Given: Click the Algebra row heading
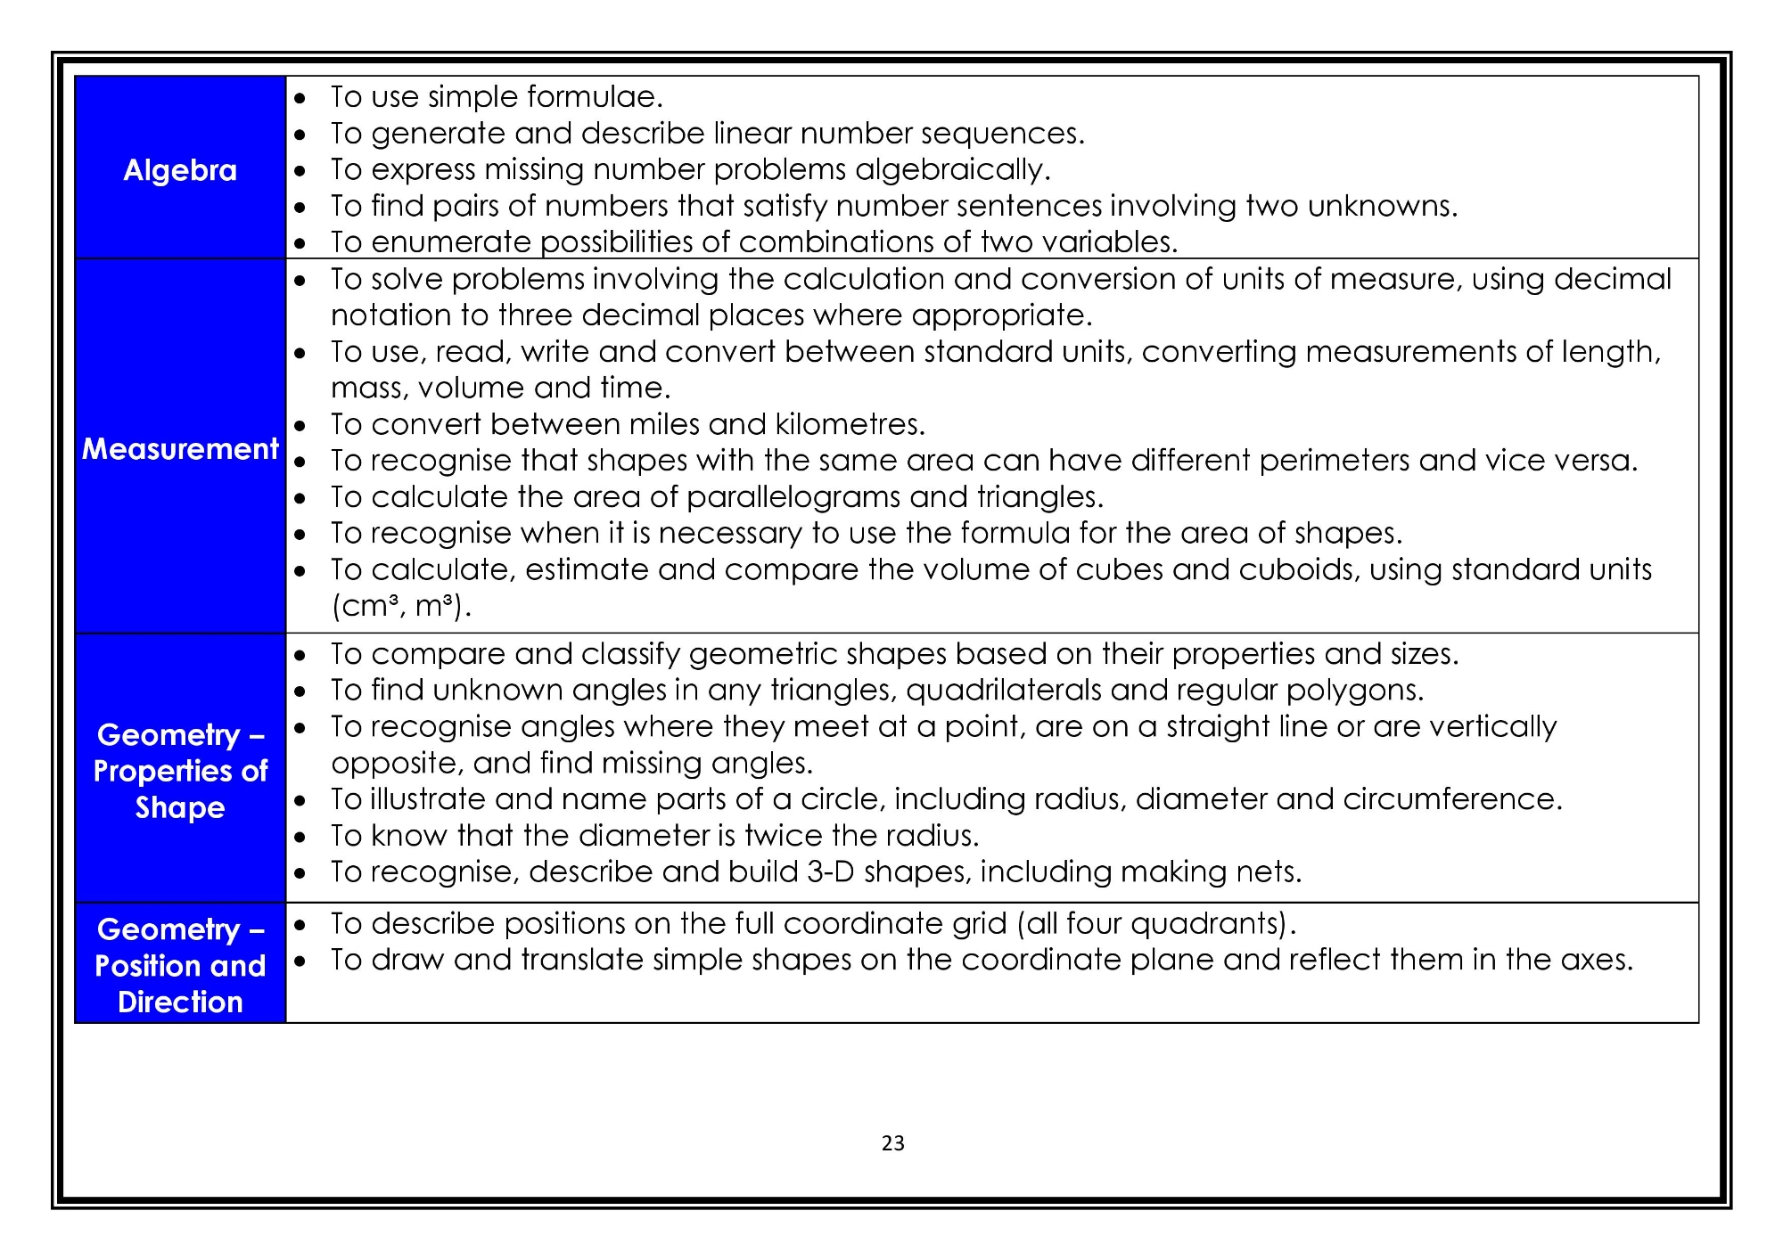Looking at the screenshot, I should (180, 170).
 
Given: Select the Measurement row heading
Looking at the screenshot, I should (180, 448).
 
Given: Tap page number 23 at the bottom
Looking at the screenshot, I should (892, 1143).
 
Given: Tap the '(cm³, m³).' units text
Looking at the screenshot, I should (401, 607).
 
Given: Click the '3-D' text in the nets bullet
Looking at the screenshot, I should (831, 871).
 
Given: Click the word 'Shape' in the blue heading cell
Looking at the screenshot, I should (180, 807).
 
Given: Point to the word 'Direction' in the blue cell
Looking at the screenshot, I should (180, 1002).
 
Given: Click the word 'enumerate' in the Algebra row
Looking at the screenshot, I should (451, 242).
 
